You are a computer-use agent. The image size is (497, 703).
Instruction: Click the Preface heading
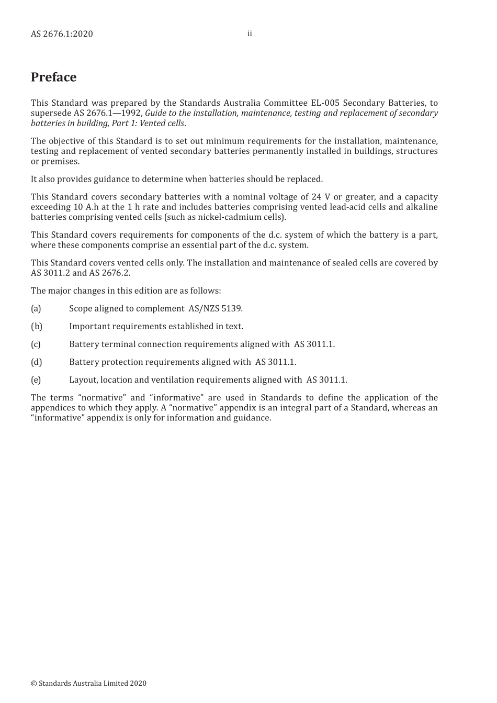[x=53, y=77]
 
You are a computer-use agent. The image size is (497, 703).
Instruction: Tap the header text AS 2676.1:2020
[x=62, y=34]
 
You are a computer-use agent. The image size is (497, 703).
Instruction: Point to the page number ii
[x=250, y=34]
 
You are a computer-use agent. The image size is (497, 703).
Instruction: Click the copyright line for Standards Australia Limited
[x=88, y=683]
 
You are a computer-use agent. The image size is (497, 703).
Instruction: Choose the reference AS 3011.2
[x=50, y=273]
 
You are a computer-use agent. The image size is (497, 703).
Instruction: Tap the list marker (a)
[x=36, y=309]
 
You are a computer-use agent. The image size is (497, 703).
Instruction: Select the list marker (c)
[x=36, y=344]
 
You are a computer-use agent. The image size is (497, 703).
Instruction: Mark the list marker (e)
[x=36, y=380]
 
